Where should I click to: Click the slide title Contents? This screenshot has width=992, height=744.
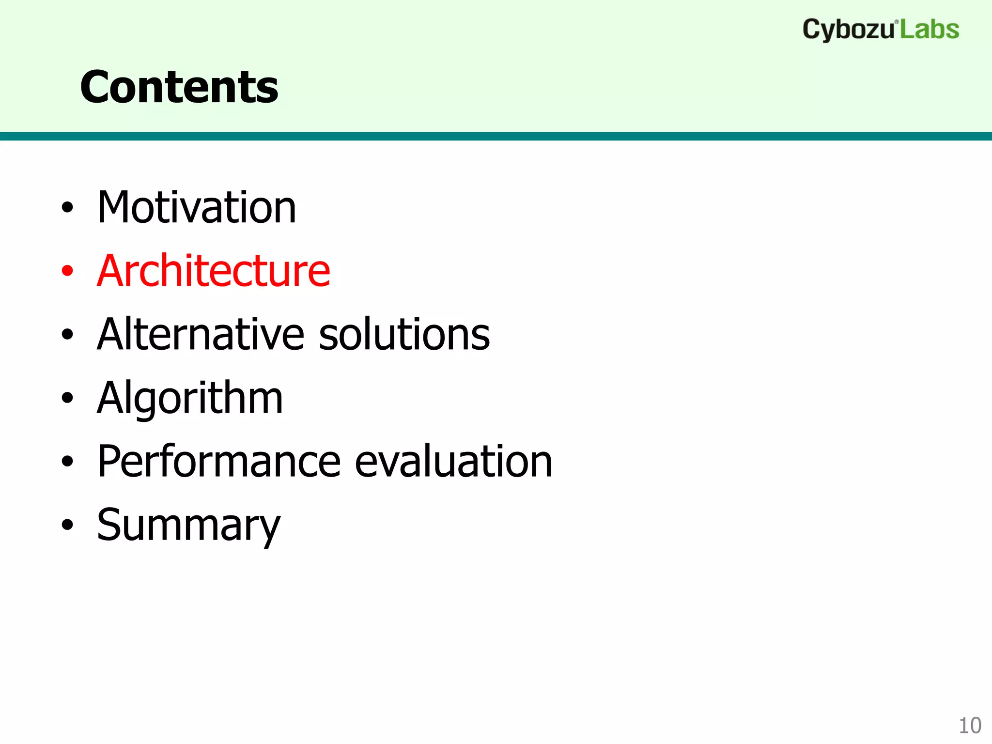coord(179,87)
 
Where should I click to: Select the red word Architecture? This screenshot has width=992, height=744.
coord(213,271)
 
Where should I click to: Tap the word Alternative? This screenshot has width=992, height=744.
coord(201,334)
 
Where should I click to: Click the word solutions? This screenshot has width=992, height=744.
coord(404,334)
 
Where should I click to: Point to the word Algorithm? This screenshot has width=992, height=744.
coord(189,398)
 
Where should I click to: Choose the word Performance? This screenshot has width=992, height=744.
coord(219,462)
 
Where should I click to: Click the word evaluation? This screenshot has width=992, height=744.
coord(453,462)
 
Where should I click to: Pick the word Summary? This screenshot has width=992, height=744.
coord(188,526)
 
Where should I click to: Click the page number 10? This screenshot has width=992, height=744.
coord(970,726)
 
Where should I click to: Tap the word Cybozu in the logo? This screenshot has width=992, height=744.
coord(848,30)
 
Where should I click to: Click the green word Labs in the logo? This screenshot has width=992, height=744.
coord(930,30)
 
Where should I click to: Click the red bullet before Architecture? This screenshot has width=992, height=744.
coord(67,271)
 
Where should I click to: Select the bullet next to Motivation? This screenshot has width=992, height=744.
coord(67,208)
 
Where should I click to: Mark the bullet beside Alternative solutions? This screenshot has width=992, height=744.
coord(67,335)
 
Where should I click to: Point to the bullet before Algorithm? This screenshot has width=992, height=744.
coord(67,398)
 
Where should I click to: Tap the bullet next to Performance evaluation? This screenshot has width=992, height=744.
coord(67,462)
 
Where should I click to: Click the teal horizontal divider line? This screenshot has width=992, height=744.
coord(496,136)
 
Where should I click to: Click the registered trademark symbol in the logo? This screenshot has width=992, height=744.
coord(897,22)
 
